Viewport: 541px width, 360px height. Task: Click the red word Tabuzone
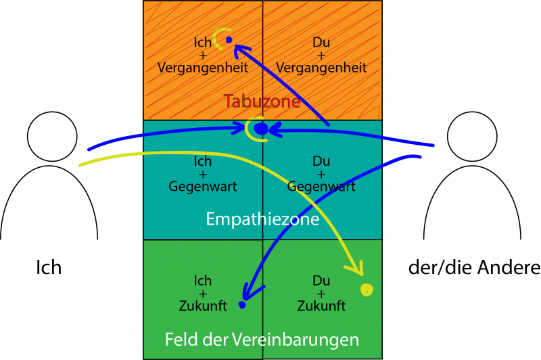click(262, 102)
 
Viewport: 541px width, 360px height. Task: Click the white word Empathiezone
click(262, 219)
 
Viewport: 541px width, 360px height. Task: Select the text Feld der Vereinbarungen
click(262, 339)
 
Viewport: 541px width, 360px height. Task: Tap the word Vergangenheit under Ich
click(203, 68)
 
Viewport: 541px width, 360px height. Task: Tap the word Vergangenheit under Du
click(321, 68)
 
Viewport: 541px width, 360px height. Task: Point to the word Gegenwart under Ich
click(203, 187)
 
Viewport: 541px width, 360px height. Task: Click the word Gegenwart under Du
click(321, 187)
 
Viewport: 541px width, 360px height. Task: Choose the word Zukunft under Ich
click(203, 306)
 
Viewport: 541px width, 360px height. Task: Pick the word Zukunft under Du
click(321, 306)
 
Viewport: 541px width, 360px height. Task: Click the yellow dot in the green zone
click(367, 290)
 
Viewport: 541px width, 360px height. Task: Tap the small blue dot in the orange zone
click(229, 40)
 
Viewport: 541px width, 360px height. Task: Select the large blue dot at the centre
click(261, 129)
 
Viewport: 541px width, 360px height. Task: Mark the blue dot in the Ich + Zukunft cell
click(241, 305)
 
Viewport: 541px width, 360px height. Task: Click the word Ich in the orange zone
click(202, 43)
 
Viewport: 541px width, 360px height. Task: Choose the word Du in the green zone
click(321, 281)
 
